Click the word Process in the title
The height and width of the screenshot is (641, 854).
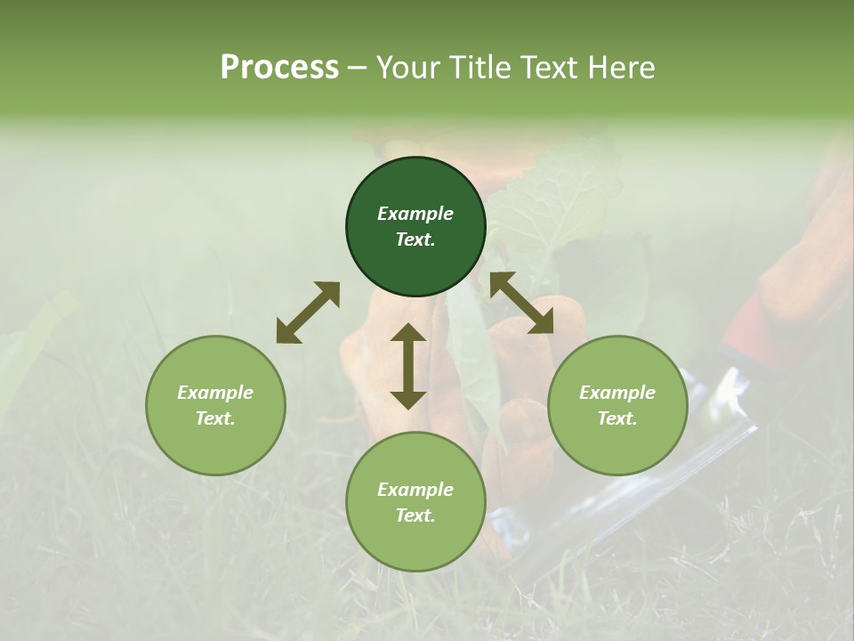point(279,68)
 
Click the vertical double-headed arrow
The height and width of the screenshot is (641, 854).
point(408,366)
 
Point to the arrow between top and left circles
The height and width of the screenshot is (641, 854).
point(308,312)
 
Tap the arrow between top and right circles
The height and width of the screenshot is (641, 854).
point(522,303)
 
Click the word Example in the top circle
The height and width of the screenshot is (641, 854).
point(415,214)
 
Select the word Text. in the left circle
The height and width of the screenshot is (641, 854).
point(215,418)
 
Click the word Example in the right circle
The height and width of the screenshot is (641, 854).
point(617,393)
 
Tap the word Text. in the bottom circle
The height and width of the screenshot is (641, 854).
point(415,515)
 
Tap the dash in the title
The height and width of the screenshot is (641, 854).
point(357,68)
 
